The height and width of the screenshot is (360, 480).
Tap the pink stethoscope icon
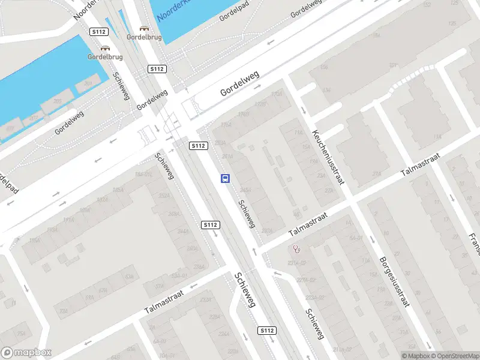[296, 249]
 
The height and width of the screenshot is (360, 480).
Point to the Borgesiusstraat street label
[394, 282]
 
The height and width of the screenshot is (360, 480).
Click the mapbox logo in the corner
[26, 353]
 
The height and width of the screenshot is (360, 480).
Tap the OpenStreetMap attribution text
[454, 356]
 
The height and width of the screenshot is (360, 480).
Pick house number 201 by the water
[88, 83]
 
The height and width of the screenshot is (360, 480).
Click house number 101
[393, 65]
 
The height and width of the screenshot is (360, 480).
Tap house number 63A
[128, 277]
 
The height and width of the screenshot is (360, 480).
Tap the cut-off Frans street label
[473, 240]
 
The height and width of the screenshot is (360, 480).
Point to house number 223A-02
[315, 297]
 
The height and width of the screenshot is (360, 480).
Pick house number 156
[324, 67]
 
